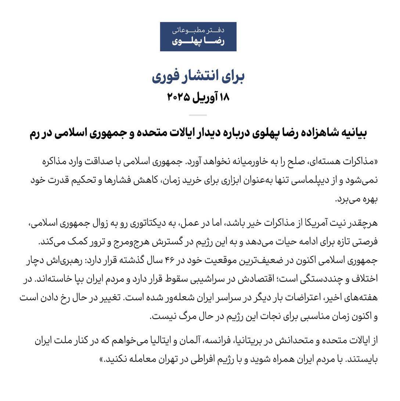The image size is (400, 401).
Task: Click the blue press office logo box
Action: coord(198,37)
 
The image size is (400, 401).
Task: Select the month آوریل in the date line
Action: coord(203,97)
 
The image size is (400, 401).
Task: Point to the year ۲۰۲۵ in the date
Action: coord(179,97)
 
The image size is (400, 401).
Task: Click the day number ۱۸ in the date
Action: coord(223,97)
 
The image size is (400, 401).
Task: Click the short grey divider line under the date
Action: coord(198,115)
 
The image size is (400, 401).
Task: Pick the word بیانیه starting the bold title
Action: coord(352,133)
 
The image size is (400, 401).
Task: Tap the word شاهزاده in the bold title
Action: coord(311,133)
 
